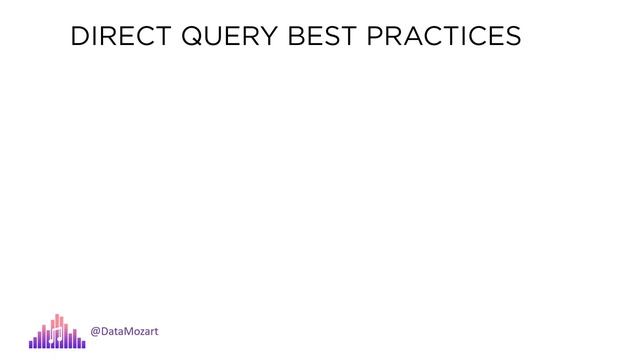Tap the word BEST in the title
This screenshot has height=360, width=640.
321,37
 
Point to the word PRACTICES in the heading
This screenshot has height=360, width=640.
444,37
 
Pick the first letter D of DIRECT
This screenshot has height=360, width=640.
79,37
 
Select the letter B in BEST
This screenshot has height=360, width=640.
295,37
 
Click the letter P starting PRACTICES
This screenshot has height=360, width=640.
375,37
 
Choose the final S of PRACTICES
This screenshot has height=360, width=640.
512,37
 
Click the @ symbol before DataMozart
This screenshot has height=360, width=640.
96,331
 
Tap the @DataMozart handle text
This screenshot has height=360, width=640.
124,331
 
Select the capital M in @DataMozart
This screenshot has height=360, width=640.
127,331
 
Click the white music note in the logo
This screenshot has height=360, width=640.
56,335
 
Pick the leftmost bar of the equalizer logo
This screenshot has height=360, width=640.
31,343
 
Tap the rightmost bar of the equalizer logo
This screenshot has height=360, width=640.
83,343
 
